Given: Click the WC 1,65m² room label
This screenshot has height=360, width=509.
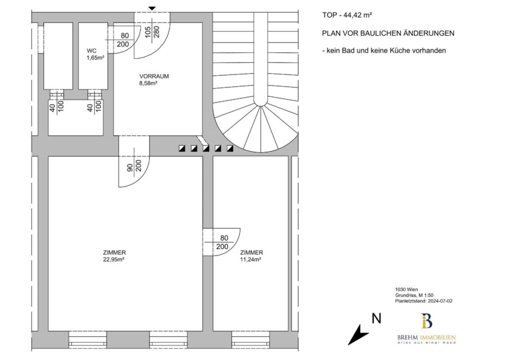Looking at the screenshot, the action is coord(95,54).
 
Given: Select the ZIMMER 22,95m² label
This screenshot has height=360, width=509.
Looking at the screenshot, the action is coord(114,256).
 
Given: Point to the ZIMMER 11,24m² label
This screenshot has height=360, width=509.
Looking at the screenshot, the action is coord(251,256).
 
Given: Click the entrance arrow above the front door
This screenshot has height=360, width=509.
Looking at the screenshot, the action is coord(152,8).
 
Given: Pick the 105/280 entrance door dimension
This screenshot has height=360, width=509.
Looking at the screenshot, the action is coord(152,32).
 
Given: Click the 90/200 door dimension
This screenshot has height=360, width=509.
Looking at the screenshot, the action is coord(134,166).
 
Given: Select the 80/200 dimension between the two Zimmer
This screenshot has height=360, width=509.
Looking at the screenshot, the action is coord(222,242).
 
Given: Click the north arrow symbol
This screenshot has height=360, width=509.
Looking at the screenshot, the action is coord(358,335).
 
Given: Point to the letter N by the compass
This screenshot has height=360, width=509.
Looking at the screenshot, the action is coord(376,318).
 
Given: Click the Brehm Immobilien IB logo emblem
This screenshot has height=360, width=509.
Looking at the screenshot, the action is coord(426,321).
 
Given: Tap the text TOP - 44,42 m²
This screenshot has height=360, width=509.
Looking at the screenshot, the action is coord(347,15).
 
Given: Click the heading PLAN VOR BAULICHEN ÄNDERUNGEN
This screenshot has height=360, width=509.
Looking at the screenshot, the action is coord(388,33).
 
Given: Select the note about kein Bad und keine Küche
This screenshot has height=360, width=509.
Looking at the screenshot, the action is coord(384,50).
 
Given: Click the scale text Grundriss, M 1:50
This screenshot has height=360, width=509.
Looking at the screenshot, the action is coord(414,295).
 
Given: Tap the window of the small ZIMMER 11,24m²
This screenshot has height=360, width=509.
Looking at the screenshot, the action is coord(251,340).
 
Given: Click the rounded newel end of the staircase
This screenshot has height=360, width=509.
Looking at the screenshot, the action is coord(260,101).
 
